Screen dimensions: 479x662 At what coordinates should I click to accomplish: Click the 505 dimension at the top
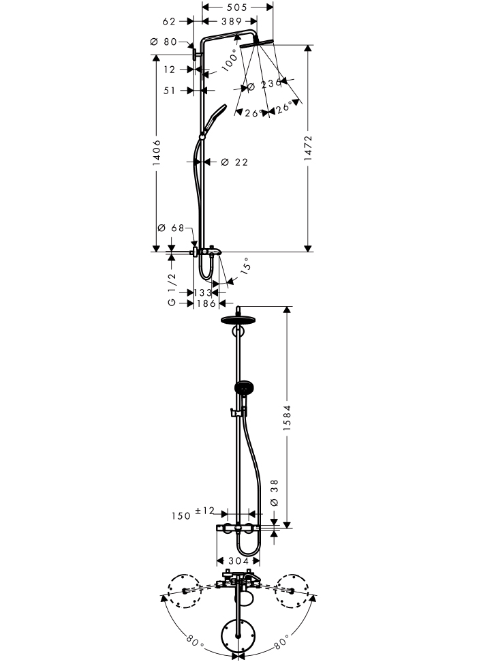click(x=236, y=7)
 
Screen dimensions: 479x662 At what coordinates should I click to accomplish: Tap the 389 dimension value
click(x=231, y=21)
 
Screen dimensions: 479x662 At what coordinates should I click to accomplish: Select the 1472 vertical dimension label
click(x=309, y=148)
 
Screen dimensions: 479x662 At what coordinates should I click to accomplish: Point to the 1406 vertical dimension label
click(x=157, y=153)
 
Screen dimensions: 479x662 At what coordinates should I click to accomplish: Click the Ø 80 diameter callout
click(x=164, y=42)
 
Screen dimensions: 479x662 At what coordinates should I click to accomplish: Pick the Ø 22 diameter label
click(x=234, y=162)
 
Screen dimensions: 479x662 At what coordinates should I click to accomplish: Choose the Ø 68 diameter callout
click(x=171, y=228)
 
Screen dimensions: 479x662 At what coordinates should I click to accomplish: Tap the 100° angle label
click(x=230, y=61)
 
